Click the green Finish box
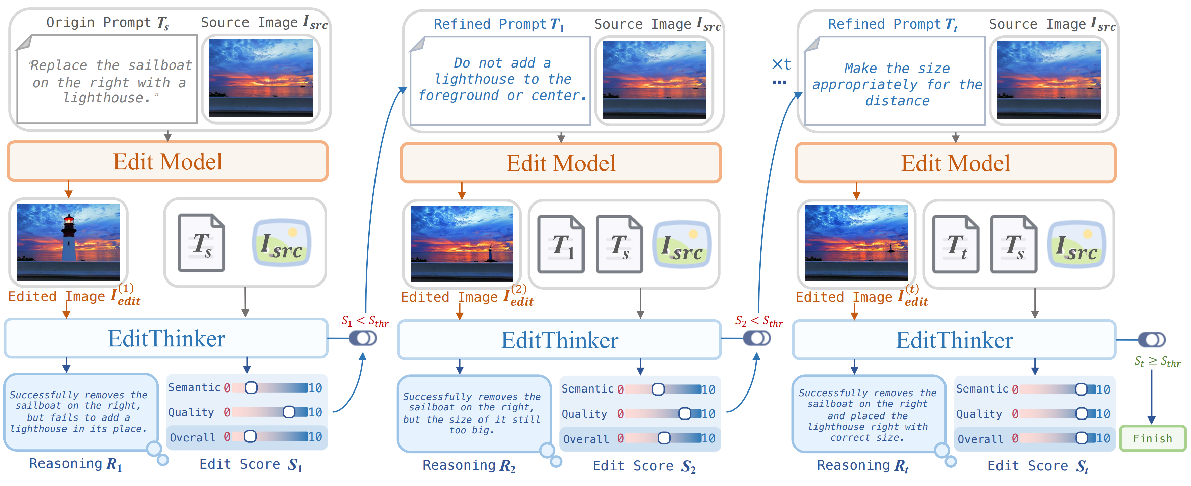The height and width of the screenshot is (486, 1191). pyautogui.click(x=1152, y=438)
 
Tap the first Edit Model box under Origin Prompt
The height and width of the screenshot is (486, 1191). pyautogui.click(x=167, y=162)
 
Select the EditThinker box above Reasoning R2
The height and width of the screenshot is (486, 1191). pyautogui.click(x=560, y=340)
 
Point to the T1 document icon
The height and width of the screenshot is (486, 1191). pyautogui.click(x=561, y=244)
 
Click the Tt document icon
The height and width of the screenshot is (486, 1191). pyautogui.click(x=955, y=244)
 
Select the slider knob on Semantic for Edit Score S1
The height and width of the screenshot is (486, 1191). pyautogui.click(x=251, y=387)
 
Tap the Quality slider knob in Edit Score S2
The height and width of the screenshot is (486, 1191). pyautogui.click(x=684, y=413)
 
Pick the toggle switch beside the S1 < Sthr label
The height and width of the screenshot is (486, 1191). pyautogui.click(x=363, y=338)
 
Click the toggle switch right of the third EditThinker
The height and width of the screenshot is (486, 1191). pyautogui.click(x=1151, y=340)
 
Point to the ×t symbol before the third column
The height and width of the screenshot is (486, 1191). pyautogui.click(x=781, y=65)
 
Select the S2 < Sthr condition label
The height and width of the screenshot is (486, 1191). pyautogui.click(x=759, y=321)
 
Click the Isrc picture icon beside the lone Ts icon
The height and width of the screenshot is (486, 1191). pyautogui.click(x=281, y=243)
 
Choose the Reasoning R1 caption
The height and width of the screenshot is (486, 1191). pyautogui.click(x=75, y=463)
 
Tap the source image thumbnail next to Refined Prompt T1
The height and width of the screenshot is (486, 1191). pyautogui.click(x=654, y=79)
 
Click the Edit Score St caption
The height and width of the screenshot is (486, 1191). pyautogui.click(x=1037, y=466)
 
